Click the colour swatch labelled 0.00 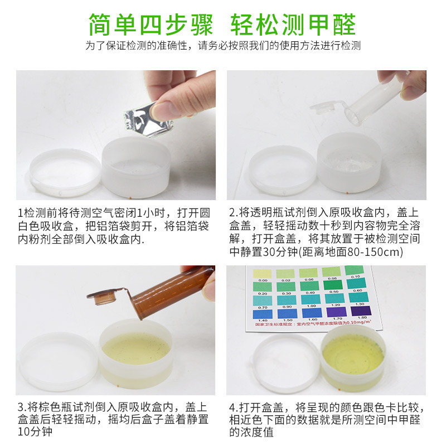tap(262, 272)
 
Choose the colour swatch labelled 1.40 tap(262, 313)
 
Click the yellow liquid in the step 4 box tap(353, 353)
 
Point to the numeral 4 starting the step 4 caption tap(234, 406)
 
